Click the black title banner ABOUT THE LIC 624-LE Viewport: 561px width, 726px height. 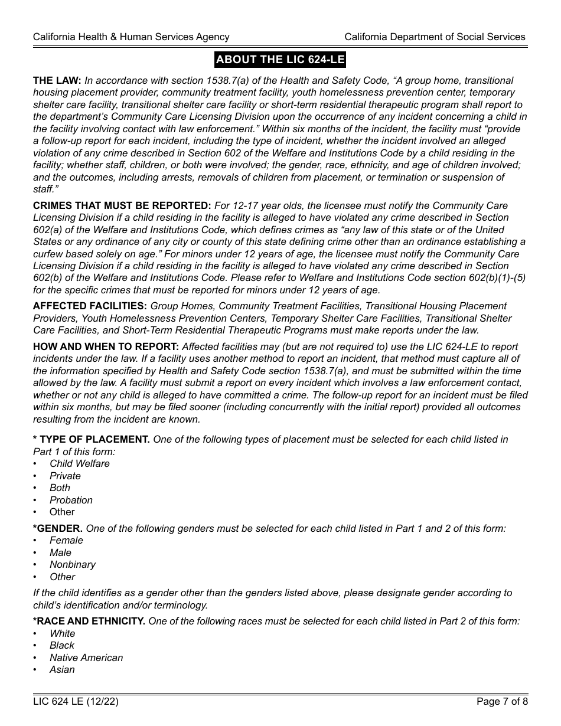click(x=280, y=60)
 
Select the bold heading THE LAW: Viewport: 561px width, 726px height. click(x=57, y=81)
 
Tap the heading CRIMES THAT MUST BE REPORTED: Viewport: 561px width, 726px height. click(x=122, y=206)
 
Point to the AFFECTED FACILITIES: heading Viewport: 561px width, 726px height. click(x=90, y=306)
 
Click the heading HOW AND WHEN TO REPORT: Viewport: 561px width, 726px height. click(x=106, y=347)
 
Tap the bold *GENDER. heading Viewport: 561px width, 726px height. click(x=58, y=529)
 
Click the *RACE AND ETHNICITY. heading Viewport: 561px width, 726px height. click(x=89, y=622)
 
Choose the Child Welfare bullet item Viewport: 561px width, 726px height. click(x=80, y=464)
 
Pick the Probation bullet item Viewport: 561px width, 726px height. click(x=71, y=501)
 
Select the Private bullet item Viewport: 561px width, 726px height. click(x=65, y=476)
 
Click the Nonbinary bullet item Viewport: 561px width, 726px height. click(x=73, y=565)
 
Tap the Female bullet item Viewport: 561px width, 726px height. click(x=66, y=541)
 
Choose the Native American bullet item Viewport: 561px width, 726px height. click(x=86, y=658)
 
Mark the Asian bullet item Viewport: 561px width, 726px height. click(x=62, y=670)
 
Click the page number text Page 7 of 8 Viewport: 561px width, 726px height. click(x=502, y=702)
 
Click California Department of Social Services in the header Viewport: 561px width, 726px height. click(x=435, y=37)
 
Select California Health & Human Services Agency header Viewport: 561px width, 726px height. click(x=131, y=37)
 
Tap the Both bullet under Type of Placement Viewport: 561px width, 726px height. click(x=60, y=488)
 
